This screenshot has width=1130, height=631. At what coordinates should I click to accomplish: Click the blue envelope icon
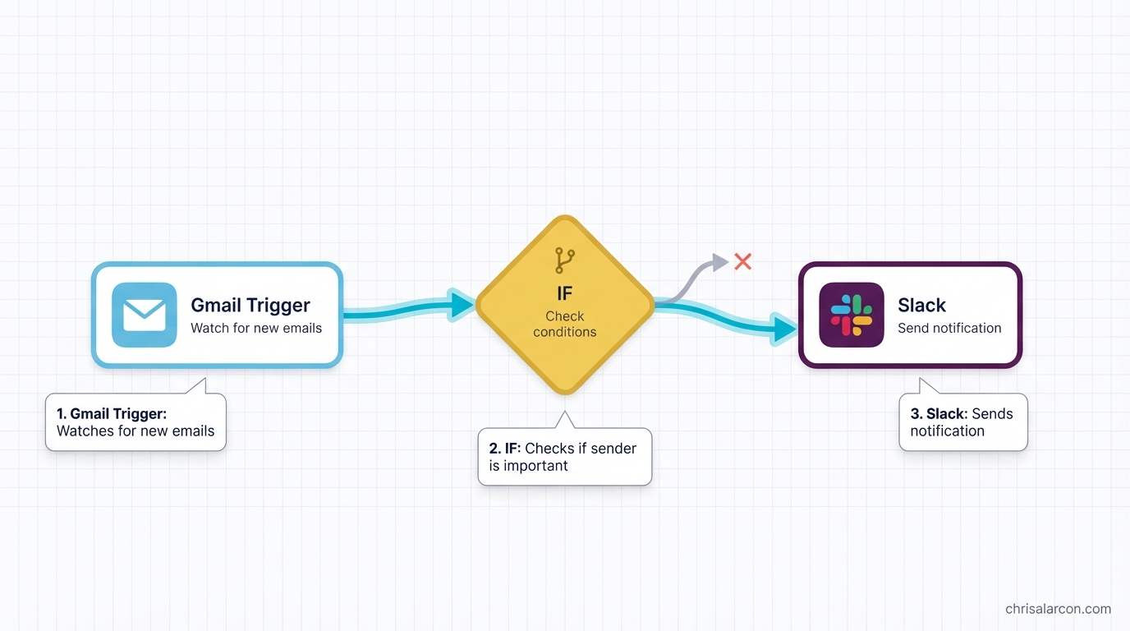[x=145, y=315]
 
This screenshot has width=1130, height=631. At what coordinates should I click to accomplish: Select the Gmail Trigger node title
[x=250, y=305]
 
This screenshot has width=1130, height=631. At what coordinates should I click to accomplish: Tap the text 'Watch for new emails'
[x=256, y=328]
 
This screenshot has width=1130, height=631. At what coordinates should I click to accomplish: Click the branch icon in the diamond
[x=565, y=260]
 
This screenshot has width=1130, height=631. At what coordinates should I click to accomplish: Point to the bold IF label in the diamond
[x=565, y=293]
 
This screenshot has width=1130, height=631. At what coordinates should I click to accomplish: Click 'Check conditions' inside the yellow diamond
[x=565, y=324]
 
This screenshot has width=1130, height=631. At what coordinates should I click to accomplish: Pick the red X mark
[x=743, y=261]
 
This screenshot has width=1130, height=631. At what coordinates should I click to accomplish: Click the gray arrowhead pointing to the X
[x=720, y=263]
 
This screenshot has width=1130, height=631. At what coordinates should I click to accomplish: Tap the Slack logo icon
[x=852, y=315]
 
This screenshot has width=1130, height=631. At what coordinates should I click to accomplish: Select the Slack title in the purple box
[x=921, y=305]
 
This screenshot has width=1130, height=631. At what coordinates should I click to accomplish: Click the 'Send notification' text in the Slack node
[x=949, y=328]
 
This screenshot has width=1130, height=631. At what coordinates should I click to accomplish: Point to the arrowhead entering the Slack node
[x=784, y=329]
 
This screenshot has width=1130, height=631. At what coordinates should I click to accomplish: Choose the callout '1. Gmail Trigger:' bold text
[x=112, y=413]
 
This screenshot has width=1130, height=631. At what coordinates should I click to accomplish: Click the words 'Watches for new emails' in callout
[x=136, y=431]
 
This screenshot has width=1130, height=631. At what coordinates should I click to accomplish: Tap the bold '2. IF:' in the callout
[x=505, y=448]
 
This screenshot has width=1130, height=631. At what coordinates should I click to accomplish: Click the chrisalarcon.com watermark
[x=1058, y=609]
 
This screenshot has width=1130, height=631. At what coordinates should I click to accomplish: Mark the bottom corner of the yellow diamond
[x=565, y=391]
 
